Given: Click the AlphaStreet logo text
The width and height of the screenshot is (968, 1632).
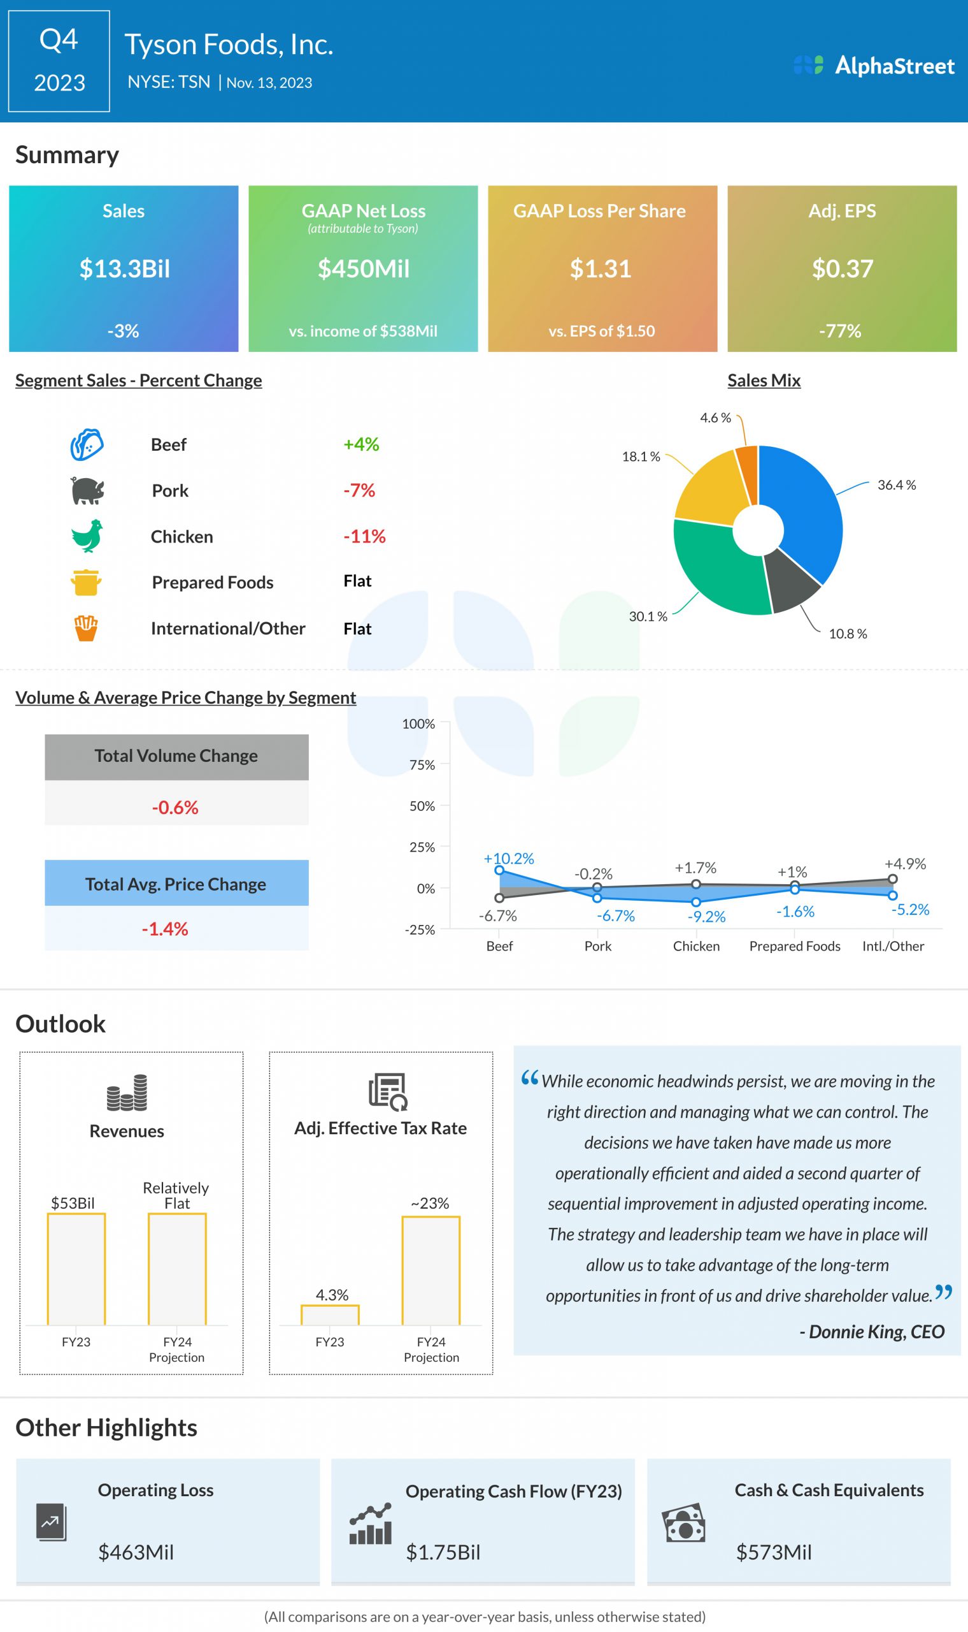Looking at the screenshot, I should point(894,66).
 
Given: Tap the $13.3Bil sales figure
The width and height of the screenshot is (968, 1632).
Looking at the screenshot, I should point(125,269).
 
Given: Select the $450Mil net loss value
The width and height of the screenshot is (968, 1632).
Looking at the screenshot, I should point(364,269).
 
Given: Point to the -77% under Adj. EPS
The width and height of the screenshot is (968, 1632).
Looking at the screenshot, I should point(840,331).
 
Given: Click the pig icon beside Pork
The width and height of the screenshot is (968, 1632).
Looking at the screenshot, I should point(87,490).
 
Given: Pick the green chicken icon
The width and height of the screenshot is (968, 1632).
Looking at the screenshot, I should point(87,536).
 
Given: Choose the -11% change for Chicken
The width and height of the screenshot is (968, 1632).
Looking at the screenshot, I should point(364,537).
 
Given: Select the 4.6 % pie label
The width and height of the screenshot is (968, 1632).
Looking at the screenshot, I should point(715,418).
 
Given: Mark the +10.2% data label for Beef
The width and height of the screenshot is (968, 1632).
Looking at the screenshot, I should point(509,859).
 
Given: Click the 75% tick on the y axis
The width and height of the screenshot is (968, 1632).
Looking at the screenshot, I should point(422,765).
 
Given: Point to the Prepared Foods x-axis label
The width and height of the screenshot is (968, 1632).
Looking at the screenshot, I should point(795,946).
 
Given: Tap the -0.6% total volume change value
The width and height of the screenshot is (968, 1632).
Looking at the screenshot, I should point(175,808).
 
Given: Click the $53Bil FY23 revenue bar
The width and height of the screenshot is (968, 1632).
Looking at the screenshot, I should point(76,1269).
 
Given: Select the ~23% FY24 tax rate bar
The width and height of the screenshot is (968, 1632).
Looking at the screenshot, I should point(431,1271).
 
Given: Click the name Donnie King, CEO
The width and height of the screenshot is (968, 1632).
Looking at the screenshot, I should point(871,1332).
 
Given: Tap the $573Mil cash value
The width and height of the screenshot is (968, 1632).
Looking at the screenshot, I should point(774,1552).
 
